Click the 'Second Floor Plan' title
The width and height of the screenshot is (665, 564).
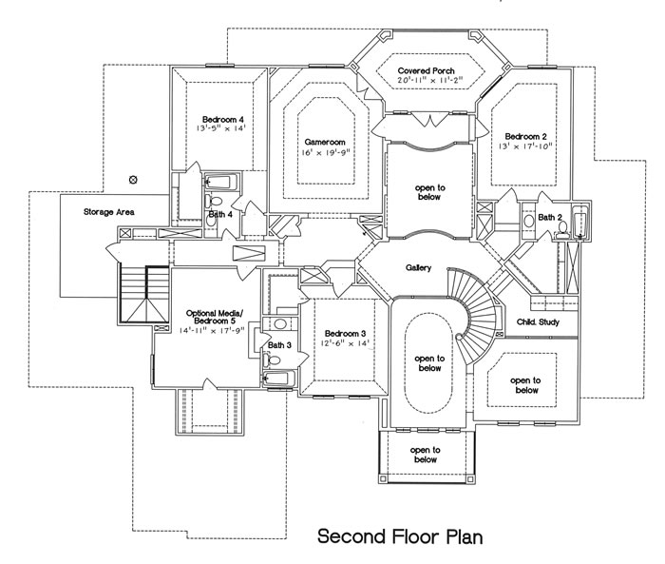(400, 535)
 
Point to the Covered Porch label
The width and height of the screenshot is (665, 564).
(426, 71)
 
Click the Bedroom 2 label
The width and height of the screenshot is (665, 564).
(526, 134)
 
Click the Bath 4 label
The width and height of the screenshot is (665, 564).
(220, 215)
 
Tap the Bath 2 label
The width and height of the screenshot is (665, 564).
(550, 217)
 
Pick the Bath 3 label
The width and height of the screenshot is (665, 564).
(279, 345)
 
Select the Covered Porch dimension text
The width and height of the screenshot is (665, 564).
(426, 83)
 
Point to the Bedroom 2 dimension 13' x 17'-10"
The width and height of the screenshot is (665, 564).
(526, 146)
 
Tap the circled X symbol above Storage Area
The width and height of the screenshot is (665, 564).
(133, 178)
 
